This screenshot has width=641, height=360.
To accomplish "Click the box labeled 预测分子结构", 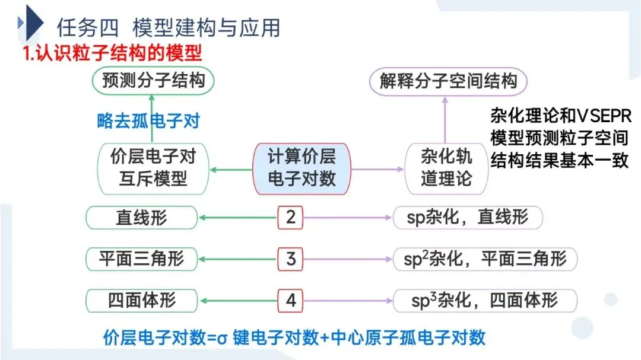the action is pos(153,81).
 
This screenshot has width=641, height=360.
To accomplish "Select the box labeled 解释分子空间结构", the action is pos(449,81).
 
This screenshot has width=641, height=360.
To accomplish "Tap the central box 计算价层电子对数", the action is pos(301,168).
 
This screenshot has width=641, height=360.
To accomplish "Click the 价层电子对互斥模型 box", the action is pos(153,168).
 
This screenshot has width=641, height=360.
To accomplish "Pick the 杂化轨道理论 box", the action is pos(446,168).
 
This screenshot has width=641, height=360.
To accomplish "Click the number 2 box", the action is pos(290,218).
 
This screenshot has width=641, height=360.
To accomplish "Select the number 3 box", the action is pos(290,259).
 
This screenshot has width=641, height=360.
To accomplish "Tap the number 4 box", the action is pos(290,301).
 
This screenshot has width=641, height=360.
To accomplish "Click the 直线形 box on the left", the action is pos(141,218).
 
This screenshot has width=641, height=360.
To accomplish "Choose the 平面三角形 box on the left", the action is pos(141,259).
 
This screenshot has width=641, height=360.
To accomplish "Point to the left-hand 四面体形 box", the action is pos(141,301).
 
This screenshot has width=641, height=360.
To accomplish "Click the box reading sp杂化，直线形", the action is pos(468,218).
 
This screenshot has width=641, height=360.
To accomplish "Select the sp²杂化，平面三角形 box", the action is pos(485,259).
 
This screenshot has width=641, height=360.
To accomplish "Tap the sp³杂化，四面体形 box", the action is pos(485,301).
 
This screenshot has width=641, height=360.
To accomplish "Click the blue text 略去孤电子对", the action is pos(148,121).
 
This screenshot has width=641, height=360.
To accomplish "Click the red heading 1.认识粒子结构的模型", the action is pos(113,54).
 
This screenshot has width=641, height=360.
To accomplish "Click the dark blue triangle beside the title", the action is pos(33,26).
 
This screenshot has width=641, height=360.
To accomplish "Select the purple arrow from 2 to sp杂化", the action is pos(348,218).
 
